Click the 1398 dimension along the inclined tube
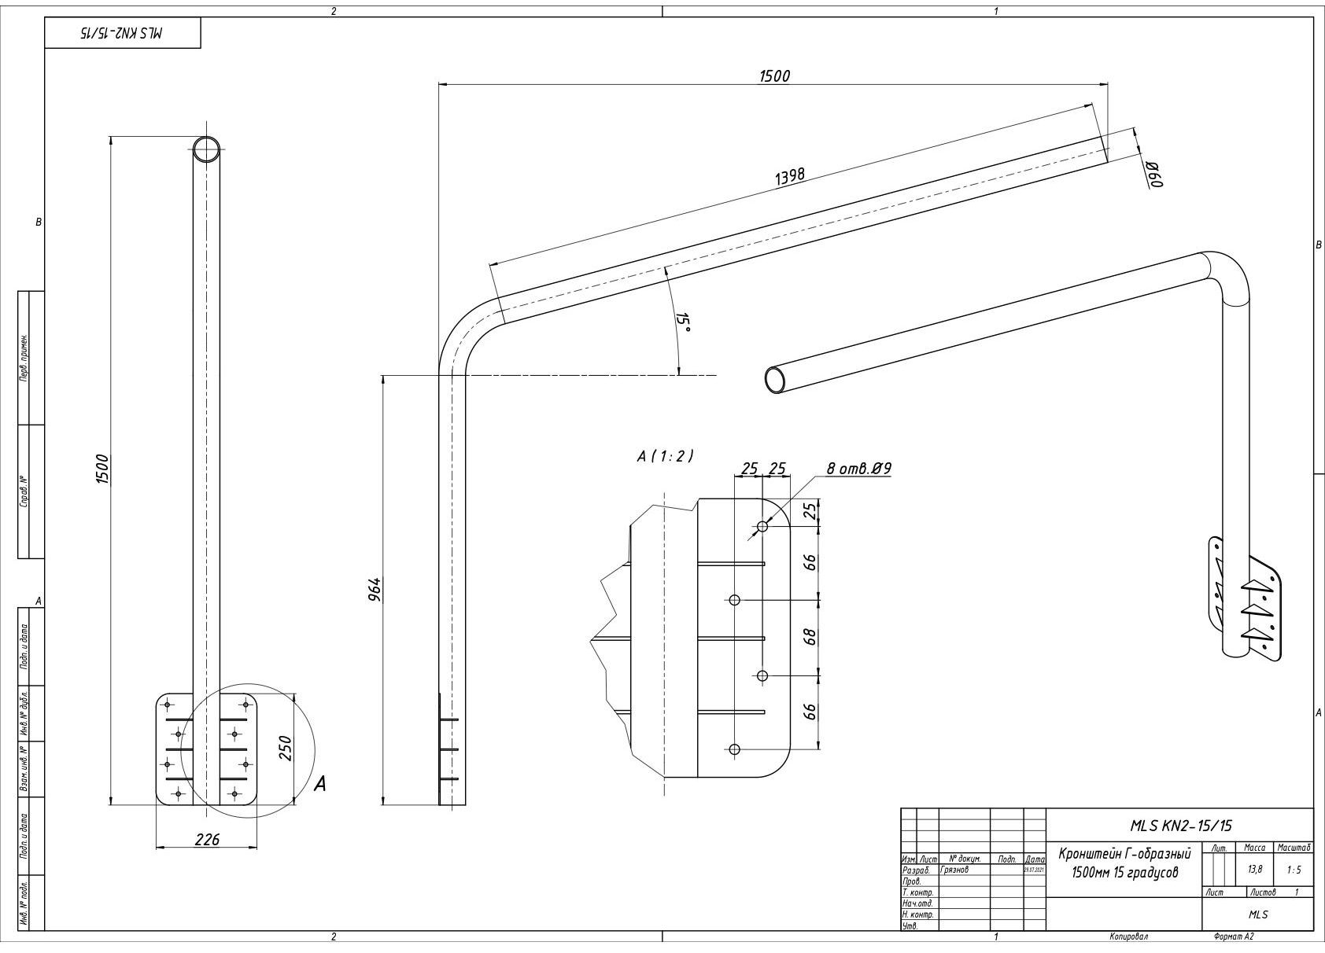(789, 175)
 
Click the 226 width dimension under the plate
(207, 839)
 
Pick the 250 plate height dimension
(286, 748)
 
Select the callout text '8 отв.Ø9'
(858, 469)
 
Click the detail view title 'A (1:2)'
(665, 456)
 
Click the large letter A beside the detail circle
(319, 783)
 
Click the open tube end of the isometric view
(775, 380)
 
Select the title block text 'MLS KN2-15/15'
(1180, 825)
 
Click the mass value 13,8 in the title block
(1254, 870)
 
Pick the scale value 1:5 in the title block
(1294, 870)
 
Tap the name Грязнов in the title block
(954, 870)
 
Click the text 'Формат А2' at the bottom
(1234, 936)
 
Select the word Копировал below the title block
(1128, 936)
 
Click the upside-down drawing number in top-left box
(123, 33)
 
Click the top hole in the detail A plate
(762, 526)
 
